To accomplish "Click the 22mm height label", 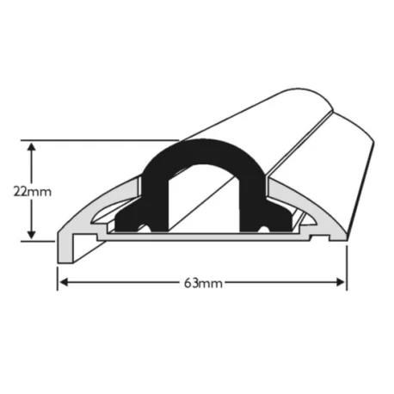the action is click(33, 192).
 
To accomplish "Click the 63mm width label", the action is click(203, 283).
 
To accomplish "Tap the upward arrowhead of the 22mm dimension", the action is click(32, 147).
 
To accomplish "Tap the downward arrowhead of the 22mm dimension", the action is click(32, 234).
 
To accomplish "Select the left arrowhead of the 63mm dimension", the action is click(65, 282).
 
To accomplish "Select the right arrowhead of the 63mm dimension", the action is click(340, 282).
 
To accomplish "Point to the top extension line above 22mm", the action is click(100, 140).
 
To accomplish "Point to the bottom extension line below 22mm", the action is click(38, 241).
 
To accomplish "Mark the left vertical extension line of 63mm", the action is click(58, 279).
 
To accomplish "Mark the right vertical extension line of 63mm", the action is click(347, 268).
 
